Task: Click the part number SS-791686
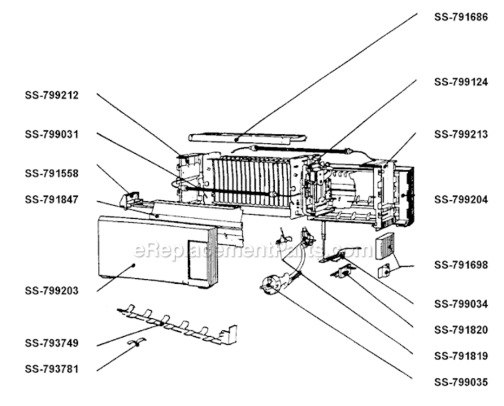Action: point(461,17)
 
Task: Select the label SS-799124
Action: point(461,82)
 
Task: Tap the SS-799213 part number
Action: point(461,134)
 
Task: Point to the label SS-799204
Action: point(461,199)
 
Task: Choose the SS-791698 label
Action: point(461,265)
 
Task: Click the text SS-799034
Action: point(461,304)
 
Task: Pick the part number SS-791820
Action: point(461,330)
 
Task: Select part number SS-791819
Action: point(461,356)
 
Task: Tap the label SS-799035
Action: point(461,382)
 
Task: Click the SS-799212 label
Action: point(52,95)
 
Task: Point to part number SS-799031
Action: point(52,134)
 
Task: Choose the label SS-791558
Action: point(52,173)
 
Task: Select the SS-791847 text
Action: point(52,199)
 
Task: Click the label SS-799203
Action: point(52,291)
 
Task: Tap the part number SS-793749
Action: point(52,343)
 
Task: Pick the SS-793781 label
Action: point(52,369)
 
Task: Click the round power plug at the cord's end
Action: point(269,284)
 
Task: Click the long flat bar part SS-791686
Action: point(247,137)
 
